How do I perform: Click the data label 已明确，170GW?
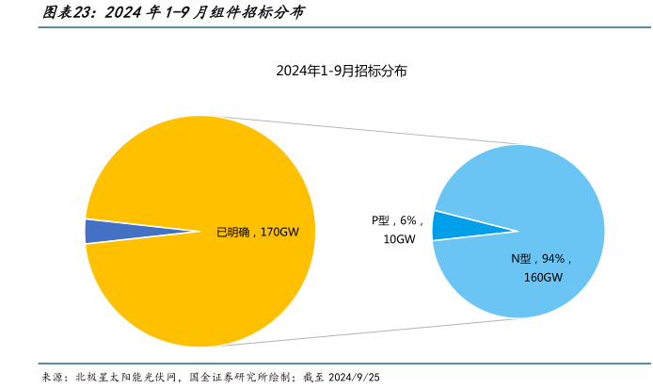[257, 232]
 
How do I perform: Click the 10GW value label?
[399, 239]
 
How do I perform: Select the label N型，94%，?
[541, 259]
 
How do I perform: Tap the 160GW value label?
[543, 278]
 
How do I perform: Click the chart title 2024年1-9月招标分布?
[341, 72]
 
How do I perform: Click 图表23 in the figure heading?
[66, 13]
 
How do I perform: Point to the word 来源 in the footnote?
[54, 377]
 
